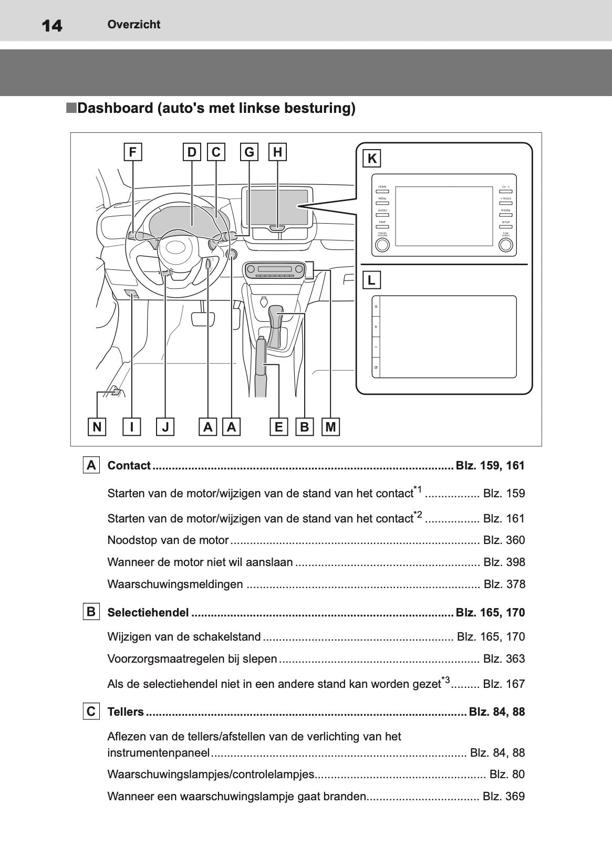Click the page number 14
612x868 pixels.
pos(51,25)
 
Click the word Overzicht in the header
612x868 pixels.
pos(133,24)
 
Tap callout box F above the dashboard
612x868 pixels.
pos(133,152)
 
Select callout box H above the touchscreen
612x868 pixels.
pos(277,152)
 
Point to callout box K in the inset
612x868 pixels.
pos(372,159)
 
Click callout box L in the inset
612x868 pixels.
pos(372,280)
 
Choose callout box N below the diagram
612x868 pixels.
pos(97,427)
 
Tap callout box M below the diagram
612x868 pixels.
pos(330,427)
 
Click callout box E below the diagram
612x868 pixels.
pos(278,427)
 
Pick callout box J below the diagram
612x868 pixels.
pos(165,427)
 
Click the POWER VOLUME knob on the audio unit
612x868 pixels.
pos(382,245)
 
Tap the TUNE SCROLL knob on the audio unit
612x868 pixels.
pos(506,245)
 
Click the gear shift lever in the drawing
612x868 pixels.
pos(276,326)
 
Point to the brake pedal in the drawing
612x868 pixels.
pos(203,319)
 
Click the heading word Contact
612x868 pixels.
pos(129,466)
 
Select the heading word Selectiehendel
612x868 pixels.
pos(148,613)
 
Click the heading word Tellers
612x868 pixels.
pos(125,712)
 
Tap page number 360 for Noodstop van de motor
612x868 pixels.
pos(514,540)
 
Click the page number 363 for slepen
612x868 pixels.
pos(514,659)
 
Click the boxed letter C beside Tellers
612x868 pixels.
pos(91,712)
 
